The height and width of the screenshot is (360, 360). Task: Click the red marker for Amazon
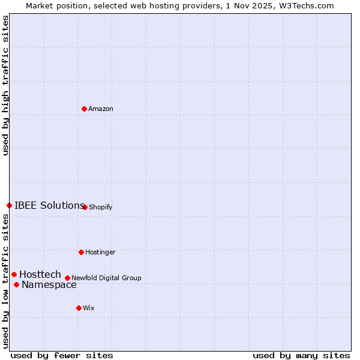point(84,109)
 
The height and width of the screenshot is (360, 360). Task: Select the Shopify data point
point(85,207)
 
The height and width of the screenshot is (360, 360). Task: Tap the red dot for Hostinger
point(81,252)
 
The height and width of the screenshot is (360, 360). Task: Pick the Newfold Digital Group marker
point(67,278)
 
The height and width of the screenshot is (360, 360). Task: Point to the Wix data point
point(79,308)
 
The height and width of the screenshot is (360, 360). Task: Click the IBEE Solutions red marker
point(9,205)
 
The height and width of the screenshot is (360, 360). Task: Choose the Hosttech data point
point(14,274)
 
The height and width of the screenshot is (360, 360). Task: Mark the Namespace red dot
point(16,284)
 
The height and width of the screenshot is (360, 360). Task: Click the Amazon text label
point(101,109)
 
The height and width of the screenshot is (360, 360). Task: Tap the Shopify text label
point(101,208)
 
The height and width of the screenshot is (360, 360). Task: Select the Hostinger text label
point(100,253)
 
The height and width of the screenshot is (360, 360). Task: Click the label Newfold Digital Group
point(106,278)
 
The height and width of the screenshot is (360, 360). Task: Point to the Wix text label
point(89,308)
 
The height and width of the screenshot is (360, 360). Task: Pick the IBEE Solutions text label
point(49,206)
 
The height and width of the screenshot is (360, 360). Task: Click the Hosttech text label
point(40,275)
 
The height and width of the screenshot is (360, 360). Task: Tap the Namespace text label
point(49,285)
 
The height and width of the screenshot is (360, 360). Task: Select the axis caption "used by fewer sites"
point(62,356)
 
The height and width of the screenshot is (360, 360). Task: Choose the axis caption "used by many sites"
point(301,356)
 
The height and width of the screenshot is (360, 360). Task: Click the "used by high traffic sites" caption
point(6,85)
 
